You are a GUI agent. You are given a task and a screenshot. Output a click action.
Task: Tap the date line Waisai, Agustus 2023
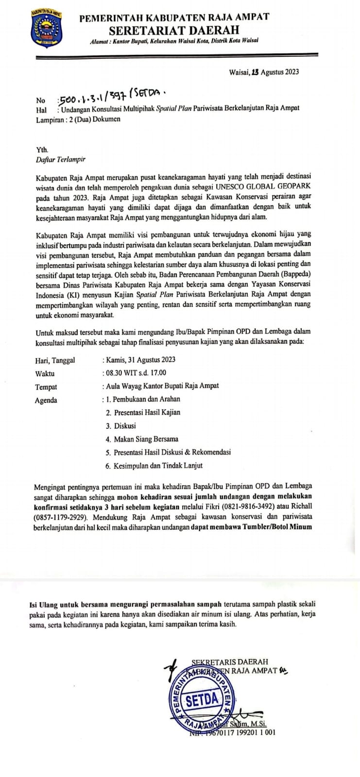264,72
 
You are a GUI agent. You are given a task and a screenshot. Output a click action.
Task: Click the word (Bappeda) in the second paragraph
301,274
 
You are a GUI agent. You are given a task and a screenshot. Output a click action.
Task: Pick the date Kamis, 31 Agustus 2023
140,360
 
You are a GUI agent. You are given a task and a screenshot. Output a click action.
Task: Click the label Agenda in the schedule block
46,400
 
